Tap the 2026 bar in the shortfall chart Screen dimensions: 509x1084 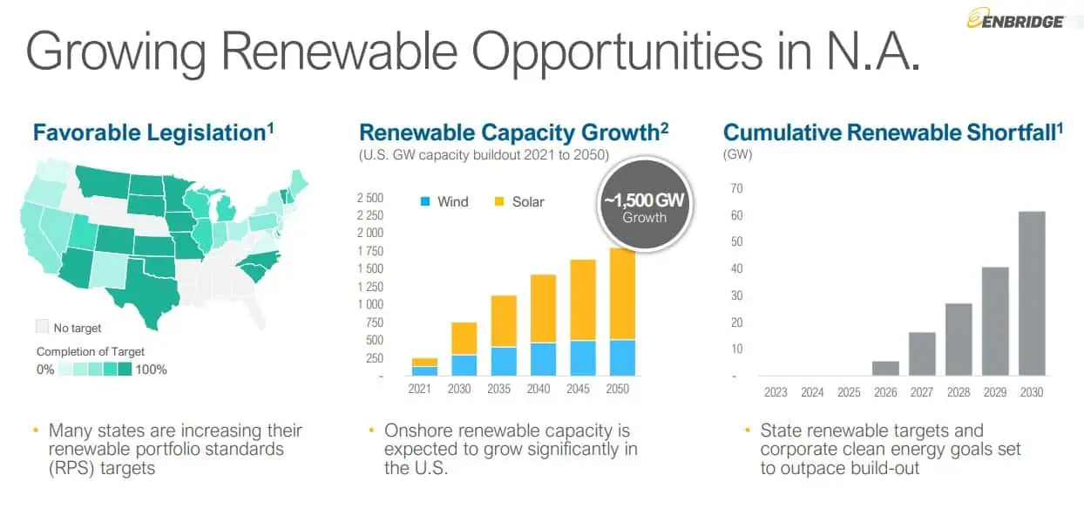[x=885, y=369]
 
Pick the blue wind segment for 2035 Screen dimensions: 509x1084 [x=503, y=361]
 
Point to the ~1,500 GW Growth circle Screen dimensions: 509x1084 [x=644, y=207]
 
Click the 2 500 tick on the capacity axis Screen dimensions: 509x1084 [x=369, y=198]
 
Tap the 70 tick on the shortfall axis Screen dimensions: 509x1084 [x=736, y=188]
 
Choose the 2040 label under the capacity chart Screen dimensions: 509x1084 [x=538, y=389]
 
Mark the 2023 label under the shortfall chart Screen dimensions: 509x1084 [x=776, y=392]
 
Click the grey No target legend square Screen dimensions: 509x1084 [x=43, y=328]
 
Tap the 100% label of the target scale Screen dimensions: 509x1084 [x=152, y=370]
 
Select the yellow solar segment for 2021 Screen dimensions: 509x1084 [x=424, y=362]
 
